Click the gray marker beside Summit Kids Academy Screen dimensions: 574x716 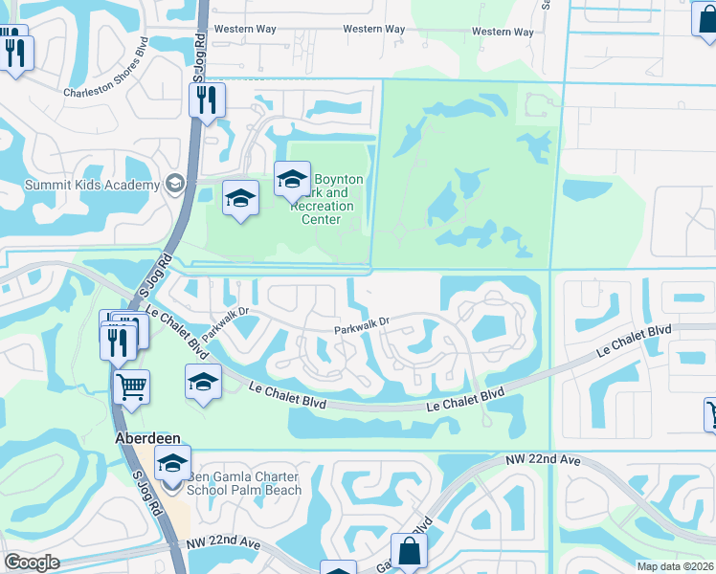175,182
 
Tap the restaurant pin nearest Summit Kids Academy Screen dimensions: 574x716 207,99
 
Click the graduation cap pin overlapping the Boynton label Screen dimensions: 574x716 293,179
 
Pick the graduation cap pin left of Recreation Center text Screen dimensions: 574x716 240,198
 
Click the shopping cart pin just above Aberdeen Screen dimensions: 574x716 131,387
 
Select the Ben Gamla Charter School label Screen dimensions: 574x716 244,483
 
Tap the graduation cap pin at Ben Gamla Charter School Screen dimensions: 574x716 171,464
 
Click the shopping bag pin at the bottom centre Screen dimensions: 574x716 409,552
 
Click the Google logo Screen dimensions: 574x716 31,563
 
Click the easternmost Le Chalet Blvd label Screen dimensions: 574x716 633,341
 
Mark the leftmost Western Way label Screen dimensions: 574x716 245,30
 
